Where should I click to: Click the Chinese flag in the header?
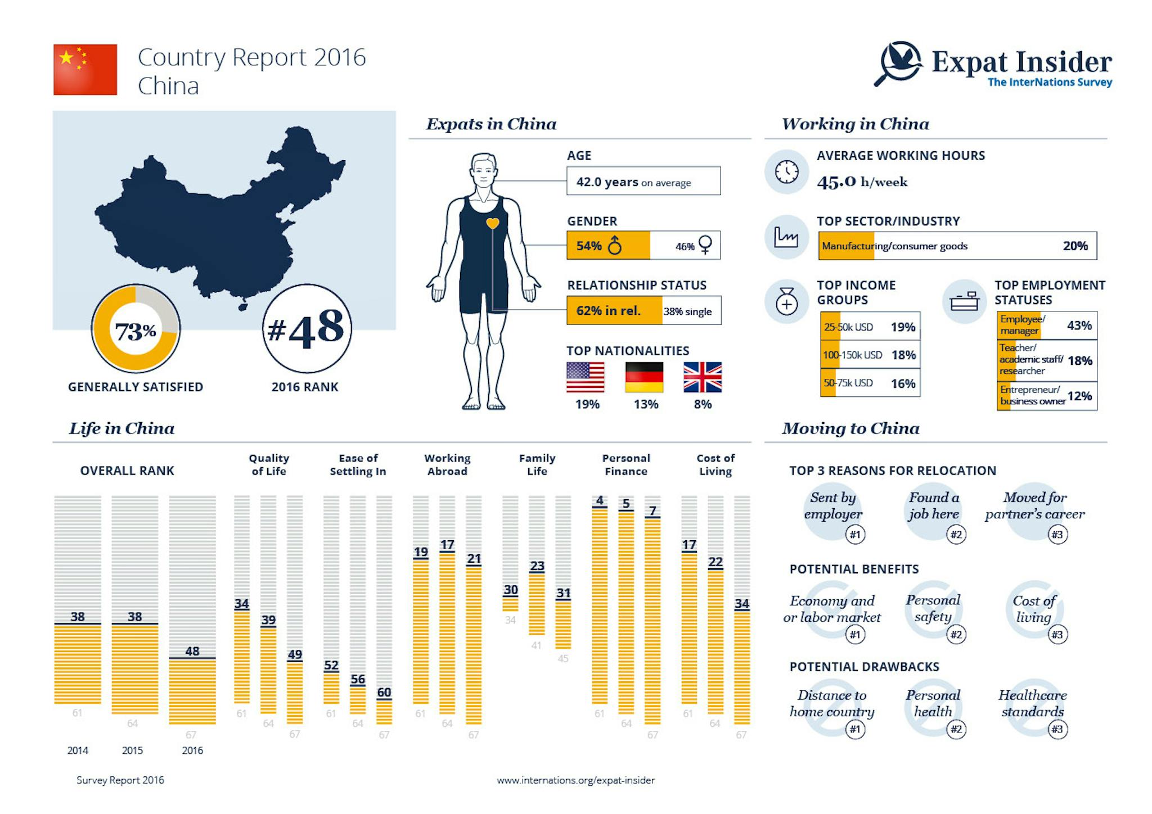pos(85,70)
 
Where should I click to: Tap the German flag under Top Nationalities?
pos(644,377)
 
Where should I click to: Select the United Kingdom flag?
pos(702,377)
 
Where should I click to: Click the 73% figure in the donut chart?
pos(136,331)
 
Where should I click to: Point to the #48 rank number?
pos(307,328)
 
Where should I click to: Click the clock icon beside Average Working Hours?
pos(786,172)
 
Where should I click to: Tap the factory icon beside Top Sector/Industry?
pos(786,237)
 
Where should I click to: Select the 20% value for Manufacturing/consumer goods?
pos(1075,246)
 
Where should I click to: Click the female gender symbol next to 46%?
pos(705,245)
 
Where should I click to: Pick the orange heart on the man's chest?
pos(492,223)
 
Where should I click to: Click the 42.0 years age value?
pos(607,182)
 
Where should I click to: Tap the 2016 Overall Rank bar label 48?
pos(192,651)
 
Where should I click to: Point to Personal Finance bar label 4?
pos(600,500)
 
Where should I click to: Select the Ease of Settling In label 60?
pos(384,692)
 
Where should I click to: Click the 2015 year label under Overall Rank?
pos(133,750)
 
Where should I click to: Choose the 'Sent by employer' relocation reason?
pos(832,505)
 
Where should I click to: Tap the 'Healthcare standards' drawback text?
pos(1033,703)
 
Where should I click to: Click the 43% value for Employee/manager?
pos(1079,325)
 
